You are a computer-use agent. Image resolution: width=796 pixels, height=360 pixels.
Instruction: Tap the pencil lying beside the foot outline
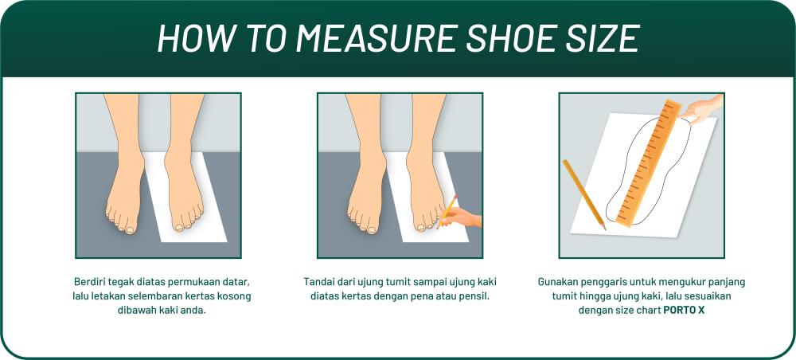point(583,194)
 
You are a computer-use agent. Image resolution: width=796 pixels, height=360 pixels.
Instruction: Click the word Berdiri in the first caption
point(90,282)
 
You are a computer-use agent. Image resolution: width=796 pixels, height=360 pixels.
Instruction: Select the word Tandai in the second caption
point(319,282)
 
